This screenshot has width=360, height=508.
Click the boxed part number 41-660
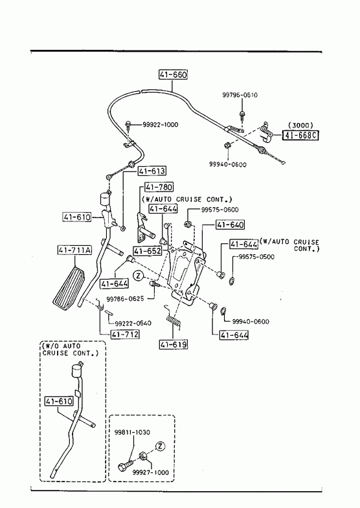[x=173, y=74]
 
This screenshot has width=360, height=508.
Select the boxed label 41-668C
[x=300, y=135]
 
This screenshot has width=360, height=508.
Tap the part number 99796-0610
[x=240, y=95]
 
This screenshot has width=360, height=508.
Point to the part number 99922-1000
[x=161, y=125]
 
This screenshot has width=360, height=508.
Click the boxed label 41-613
[x=152, y=171]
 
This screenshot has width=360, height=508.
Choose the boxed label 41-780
[x=159, y=187]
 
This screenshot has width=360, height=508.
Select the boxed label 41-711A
[x=75, y=250]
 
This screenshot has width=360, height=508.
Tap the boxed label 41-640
[x=231, y=225]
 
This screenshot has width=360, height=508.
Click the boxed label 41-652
[x=147, y=250]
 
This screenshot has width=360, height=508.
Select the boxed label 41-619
[x=174, y=344]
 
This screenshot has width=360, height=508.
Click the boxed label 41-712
[x=125, y=334]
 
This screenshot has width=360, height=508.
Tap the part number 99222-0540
[x=133, y=323]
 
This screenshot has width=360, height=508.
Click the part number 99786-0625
[x=125, y=298]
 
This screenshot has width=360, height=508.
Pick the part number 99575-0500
[x=256, y=257]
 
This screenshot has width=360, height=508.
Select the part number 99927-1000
[x=151, y=472]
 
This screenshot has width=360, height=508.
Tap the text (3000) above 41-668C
[x=300, y=125]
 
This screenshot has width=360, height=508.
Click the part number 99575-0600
[x=219, y=210]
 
